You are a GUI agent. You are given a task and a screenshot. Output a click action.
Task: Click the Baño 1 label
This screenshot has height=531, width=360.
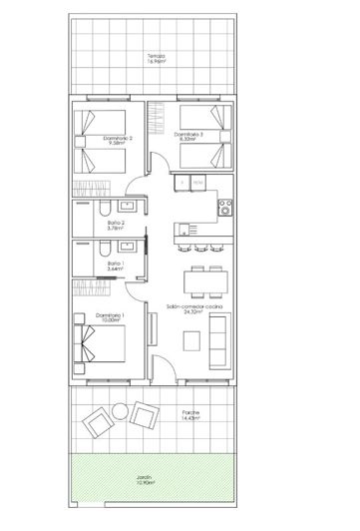(117, 265)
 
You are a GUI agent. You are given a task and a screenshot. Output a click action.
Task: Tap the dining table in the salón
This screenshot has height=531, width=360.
(198, 280)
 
